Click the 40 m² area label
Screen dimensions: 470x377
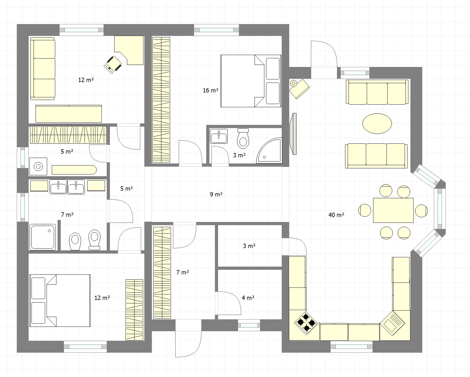click(x=336, y=215)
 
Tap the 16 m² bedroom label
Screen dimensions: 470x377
click(x=211, y=90)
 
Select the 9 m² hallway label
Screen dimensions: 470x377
click(x=216, y=194)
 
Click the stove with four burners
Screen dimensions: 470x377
click(x=306, y=322)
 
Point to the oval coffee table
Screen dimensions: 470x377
click(x=377, y=123)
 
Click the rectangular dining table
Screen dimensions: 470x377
click(x=393, y=210)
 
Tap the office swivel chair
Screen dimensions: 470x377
click(x=113, y=64)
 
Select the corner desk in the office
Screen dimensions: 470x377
click(x=129, y=50)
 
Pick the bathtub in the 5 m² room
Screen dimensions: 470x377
click(x=74, y=170)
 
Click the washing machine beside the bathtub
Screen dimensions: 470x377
click(x=38, y=166)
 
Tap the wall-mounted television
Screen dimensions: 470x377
click(x=293, y=134)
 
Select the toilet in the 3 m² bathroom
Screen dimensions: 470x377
click(x=243, y=138)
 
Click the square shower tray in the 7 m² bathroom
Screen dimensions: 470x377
click(x=43, y=237)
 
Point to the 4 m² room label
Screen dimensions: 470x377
click(x=248, y=298)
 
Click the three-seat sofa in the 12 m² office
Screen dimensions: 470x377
click(x=43, y=68)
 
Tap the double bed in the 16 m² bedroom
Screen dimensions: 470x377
click(x=251, y=81)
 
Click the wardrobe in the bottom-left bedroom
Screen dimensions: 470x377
click(x=134, y=310)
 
